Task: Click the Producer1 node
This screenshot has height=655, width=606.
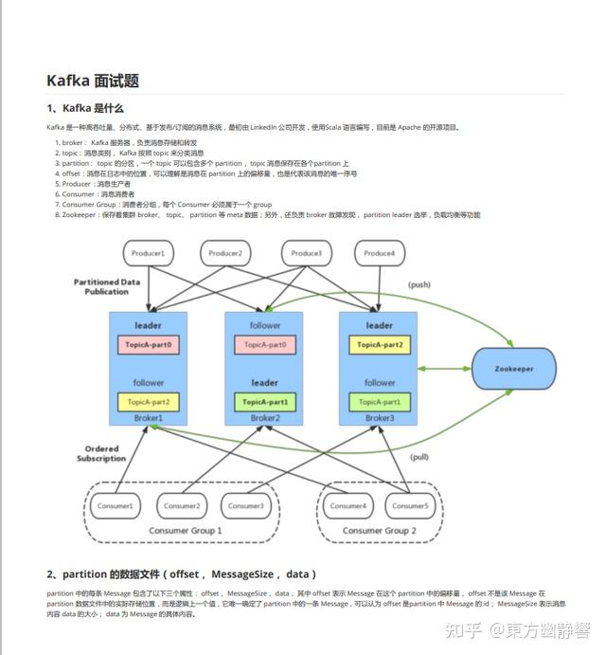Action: pyautogui.click(x=147, y=253)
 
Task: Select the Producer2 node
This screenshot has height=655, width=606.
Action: pyautogui.click(x=225, y=253)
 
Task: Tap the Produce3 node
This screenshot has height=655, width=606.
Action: pyautogui.click(x=306, y=253)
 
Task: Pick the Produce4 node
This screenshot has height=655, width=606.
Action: pyautogui.click(x=381, y=253)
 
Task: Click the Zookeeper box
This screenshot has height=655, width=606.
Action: pyautogui.click(x=514, y=367)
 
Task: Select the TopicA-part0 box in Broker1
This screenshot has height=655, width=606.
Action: pyautogui.click(x=149, y=345)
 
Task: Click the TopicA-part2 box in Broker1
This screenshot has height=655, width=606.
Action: pyautogui.click(x=149, y=402)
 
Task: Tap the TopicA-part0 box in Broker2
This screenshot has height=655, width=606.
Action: pyautogui.click(x=264, y=345)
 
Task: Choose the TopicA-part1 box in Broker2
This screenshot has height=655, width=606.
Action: pyautogui.click(x=264, y=402)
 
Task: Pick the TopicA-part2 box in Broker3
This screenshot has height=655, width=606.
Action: pyautogui.click(x=380, y=345)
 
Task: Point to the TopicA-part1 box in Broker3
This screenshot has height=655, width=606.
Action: pyautogui.click(x=380, y=402)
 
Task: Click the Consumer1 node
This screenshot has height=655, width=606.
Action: pyautogui.click(x=116, y=505)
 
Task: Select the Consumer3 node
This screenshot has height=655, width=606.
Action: pyautogui.click(x=246, y=505)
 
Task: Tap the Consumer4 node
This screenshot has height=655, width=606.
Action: pyautogui.click(x=348, y=505)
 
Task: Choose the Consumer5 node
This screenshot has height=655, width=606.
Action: pyautogui.click(x=410, y=505)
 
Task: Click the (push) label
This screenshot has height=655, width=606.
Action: pyautogui.click(x=419, y=284)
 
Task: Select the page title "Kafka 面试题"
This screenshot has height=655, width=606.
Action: pyautogui.click(x=93, y=81)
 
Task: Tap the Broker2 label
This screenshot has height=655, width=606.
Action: pyautogui.click(x=264, y=418)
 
